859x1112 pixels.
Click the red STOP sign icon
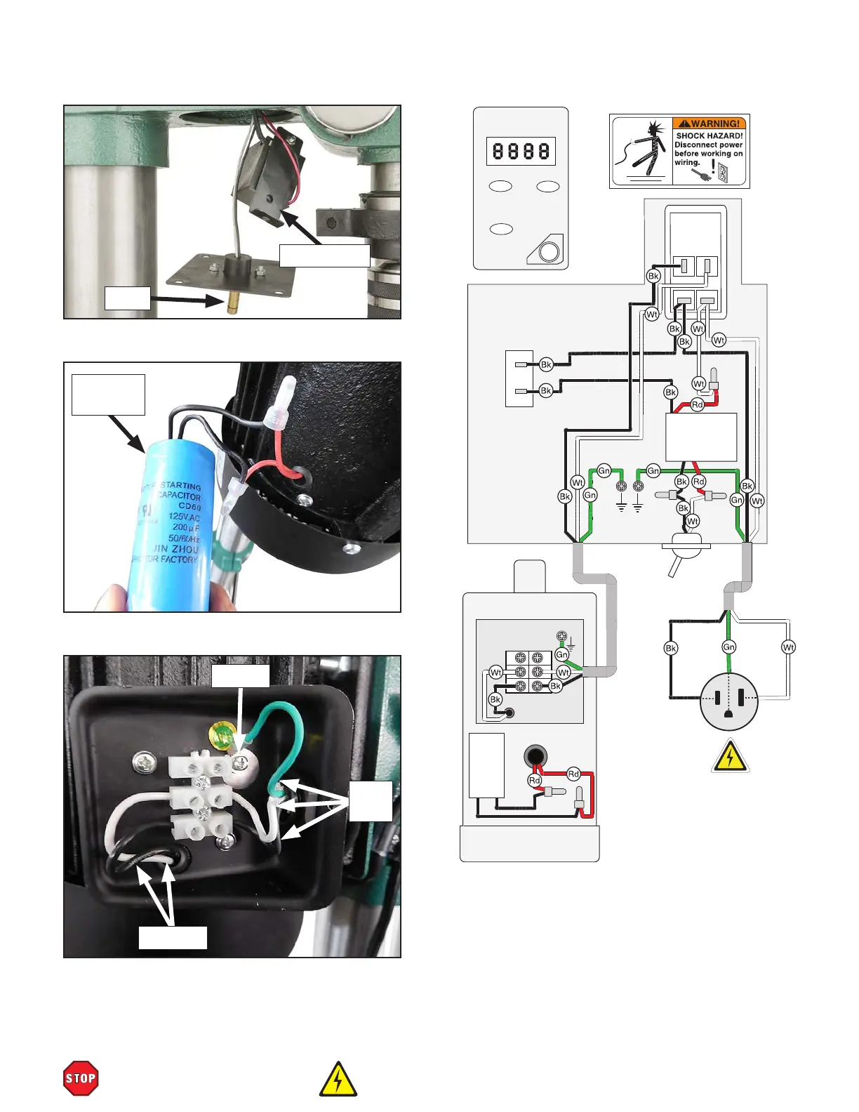pyautogui.click(x=81, y=1078)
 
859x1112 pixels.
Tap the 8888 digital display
pyautogui.click(x=521, y=151)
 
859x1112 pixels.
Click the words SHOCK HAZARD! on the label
pyautogui.click(x=709, y=135)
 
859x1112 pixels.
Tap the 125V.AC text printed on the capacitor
pyautogui.click(x=183, y=517)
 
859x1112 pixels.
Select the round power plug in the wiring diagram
pyautogui.click(x=729, y=701)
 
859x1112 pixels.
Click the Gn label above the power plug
pyautogui.click(x=729, y=647)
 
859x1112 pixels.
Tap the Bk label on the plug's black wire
pyautogui.click(x=671, y=648)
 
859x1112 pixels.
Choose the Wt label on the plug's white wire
pyautogui.click(x=788, y=647)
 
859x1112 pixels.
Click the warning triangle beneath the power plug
pyautogui.click(x=731, y=757)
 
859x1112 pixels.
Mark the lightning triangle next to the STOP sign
pyautogui.click(x=338, y=1080)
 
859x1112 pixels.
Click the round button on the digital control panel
pyautogui.click(x=550, y=251)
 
